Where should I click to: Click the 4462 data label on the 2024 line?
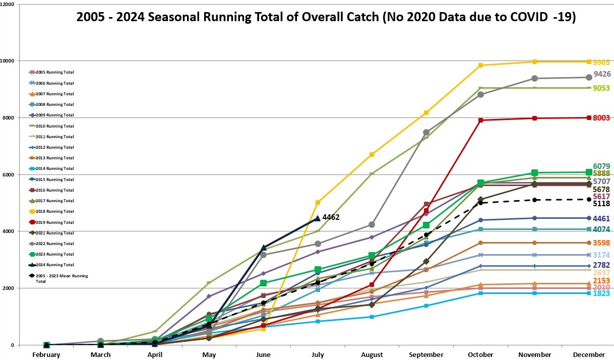tap(331, 218)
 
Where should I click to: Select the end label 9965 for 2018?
tap(601, 63)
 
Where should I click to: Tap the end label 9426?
tap(602, 74)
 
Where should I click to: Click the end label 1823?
tap(601, 294)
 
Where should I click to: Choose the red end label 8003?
tap(601, 118)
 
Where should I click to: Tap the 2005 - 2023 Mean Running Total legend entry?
tap(57, 278)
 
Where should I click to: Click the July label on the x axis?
tap(317, 355)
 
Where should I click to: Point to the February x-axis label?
tap(46, 355)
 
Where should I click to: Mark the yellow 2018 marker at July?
tap(318, 203)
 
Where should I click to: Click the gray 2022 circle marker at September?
tap(426, 133)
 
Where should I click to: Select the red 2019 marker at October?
tap(480, 120)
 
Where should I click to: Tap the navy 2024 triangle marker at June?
tap(263, 248)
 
